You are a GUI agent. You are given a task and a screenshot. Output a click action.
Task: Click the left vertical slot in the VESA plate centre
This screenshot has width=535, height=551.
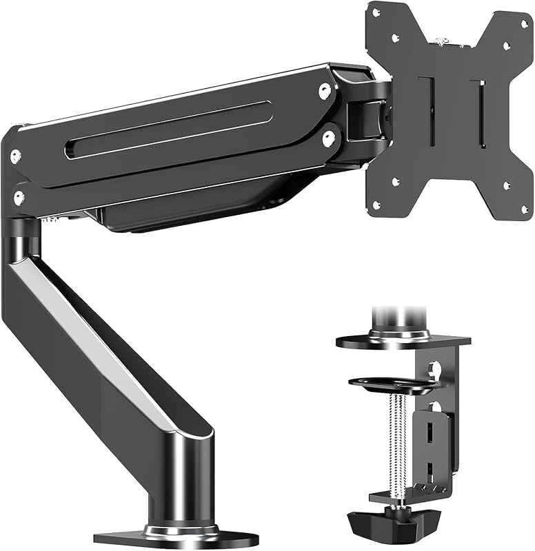coord(431,110)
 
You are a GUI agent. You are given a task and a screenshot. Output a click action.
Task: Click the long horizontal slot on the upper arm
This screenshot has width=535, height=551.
coord(169,129)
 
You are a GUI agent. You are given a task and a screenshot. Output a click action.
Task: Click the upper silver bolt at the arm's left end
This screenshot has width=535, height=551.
coord(15,156)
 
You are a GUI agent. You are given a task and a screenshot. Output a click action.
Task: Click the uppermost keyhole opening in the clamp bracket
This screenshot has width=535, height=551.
coord(434,370)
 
